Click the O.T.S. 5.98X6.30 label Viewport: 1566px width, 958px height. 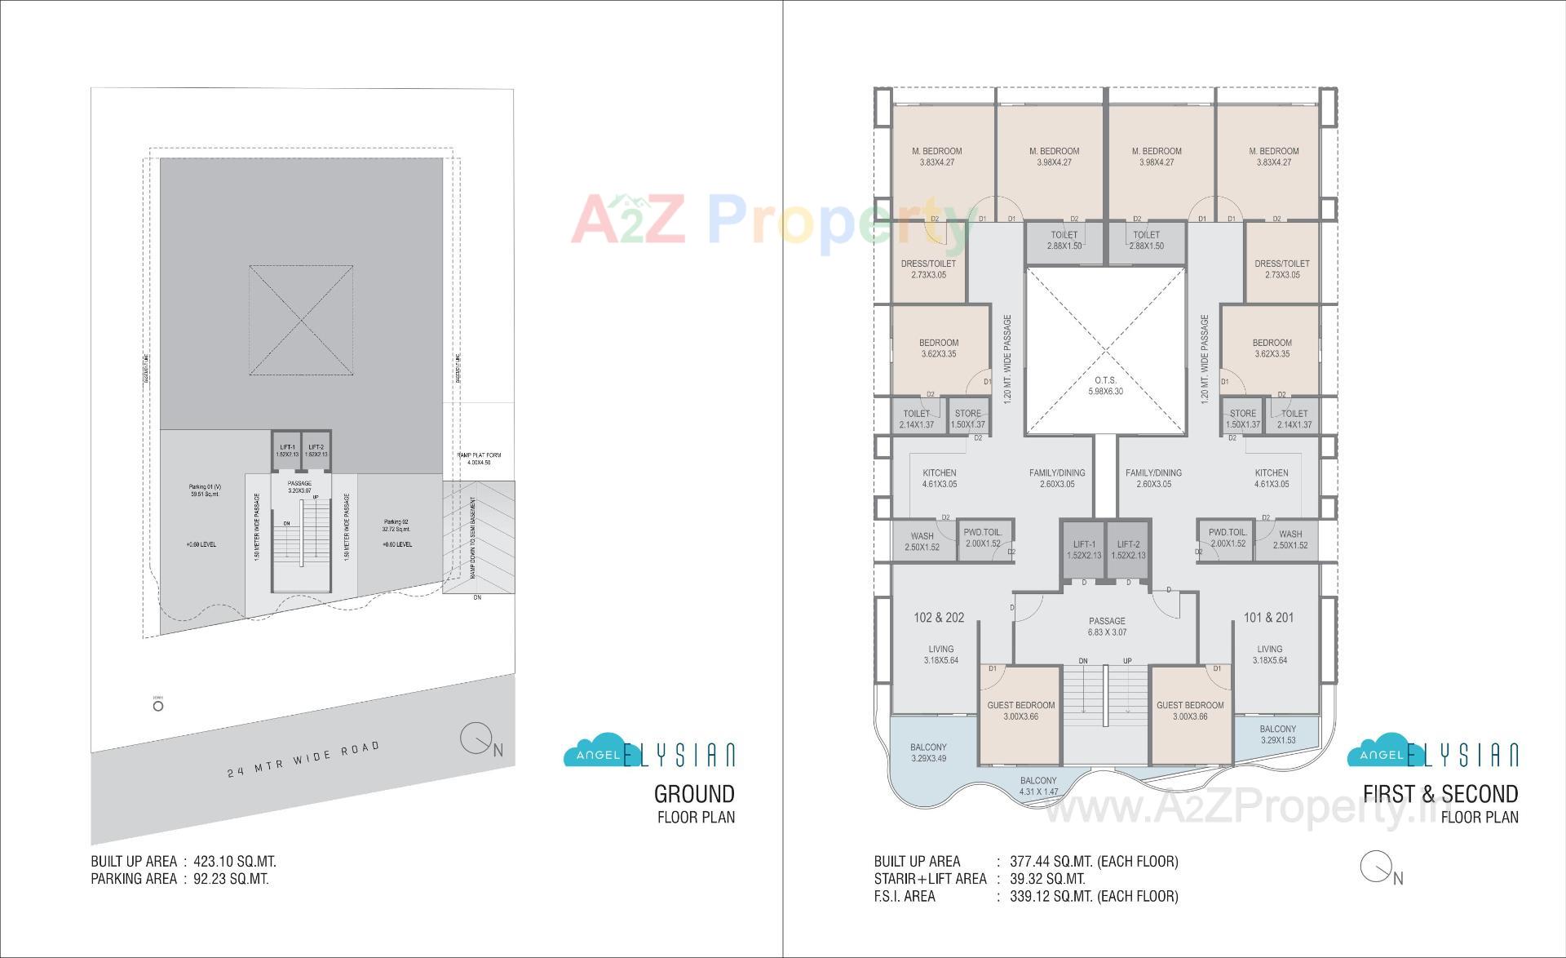point(1105,386)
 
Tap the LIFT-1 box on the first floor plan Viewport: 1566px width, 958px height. point(1083,549)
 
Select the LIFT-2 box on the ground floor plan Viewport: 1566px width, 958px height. point(316,450)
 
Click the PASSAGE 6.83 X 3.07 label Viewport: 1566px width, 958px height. point(1106,627)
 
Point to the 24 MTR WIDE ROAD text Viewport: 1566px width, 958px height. point(303,759)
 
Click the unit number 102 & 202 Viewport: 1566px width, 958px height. point(939,618)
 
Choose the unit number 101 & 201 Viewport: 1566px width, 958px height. point(1268,618)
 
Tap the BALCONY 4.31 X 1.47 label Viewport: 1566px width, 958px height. point(1037,786)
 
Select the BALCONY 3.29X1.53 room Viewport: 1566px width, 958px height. point(1276,734)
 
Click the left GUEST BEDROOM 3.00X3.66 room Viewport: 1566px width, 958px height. point(1020,711)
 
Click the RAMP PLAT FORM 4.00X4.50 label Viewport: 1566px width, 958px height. point(479,459)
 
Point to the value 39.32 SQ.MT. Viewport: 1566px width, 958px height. point(1048,879)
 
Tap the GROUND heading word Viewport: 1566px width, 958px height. point(694,793)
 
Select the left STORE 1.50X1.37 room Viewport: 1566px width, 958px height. point(967,419)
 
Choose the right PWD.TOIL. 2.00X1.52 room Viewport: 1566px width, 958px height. point(1228,538)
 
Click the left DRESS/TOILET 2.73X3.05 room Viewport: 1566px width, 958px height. point(928,269)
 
